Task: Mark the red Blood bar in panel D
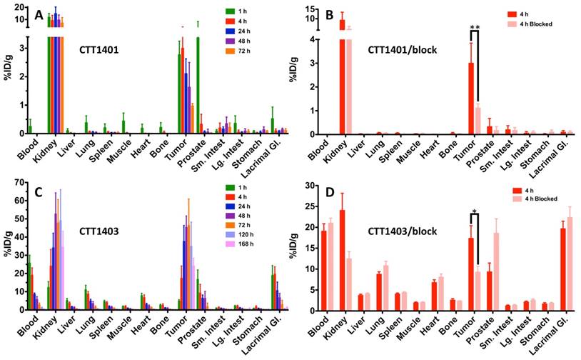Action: click(x=323, y=271)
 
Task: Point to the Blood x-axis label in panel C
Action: click(x=28, y=329)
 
